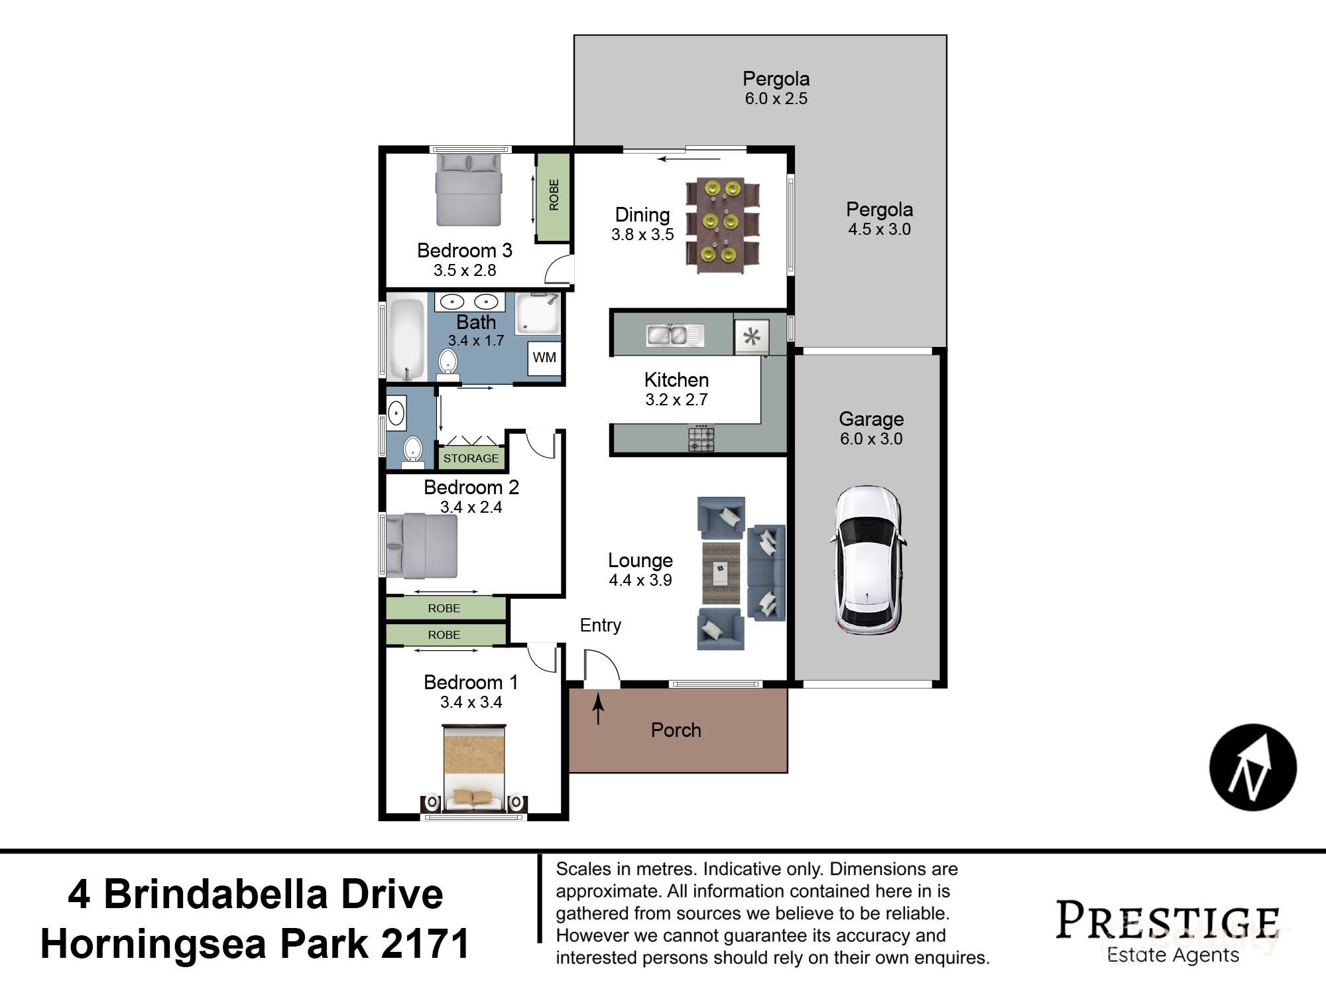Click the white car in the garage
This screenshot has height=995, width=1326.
point(868,559)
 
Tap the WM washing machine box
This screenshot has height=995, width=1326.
point(544,358)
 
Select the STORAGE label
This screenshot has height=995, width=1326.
point(471,458)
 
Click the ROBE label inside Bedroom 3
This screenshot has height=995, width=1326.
point(554,195)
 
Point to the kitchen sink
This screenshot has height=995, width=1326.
point(674,335)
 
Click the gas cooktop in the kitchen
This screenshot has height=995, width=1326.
point(701,438)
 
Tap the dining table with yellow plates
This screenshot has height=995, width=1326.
point(721,225)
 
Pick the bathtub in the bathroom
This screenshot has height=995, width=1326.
point(406,339)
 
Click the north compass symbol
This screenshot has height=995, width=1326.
point(1252,767)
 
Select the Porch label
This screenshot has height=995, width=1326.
point(676,730)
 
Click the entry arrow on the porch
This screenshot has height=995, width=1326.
point(598,708)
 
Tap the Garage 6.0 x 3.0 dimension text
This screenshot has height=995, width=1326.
point(871,438)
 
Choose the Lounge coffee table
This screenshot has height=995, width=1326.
point(721,572)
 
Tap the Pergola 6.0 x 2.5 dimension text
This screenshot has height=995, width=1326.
point(776,99)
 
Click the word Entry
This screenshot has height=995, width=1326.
point(601,626)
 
